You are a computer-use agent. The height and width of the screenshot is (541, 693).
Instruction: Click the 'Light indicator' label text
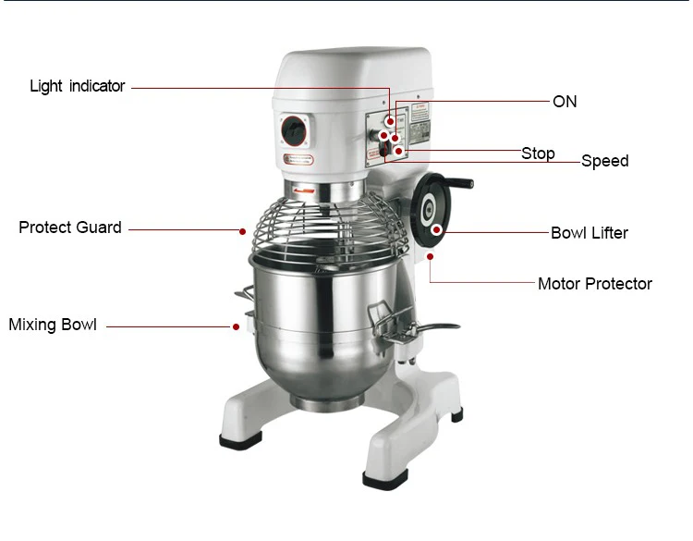[77, 86]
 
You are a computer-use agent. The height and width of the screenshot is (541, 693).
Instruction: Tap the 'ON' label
[564, 102]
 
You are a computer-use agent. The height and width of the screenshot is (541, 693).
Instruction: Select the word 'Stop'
[538, 154]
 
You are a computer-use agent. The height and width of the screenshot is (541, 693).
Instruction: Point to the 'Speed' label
[604, 161]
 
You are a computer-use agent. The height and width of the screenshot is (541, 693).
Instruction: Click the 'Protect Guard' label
[70, 227]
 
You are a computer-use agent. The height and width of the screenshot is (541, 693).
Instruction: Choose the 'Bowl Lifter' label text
[589, 233]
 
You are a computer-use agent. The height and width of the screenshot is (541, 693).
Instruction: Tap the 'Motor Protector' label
[594, 284]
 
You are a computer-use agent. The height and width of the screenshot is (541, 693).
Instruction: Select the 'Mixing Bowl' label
[53, 325]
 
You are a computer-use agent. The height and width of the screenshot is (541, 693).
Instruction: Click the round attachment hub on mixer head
[295, 129]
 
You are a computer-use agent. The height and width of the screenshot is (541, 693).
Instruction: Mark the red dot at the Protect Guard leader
[242, 230]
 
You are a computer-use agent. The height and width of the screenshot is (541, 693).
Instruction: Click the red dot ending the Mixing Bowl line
[235, 326]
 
